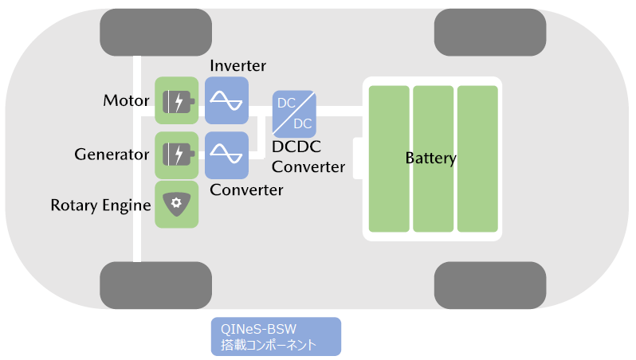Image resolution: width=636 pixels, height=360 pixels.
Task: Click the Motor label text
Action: pyautogui.click(x=126, y=101)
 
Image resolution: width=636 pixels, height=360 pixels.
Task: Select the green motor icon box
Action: pyautogui.click(x=176, y=101)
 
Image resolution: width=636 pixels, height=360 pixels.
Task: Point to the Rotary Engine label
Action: pyautogui.click(x=100, y=205)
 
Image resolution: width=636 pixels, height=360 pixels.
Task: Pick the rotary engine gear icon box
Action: pyautogui.click(x=176, y=205)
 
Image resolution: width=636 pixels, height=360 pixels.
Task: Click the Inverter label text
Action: pyautogui.click(x=238, y=65)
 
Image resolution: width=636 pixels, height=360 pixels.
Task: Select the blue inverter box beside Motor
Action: pyautogui.click(x=226, y=101)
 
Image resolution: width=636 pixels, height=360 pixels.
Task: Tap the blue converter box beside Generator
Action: pyautogui.click(x=226, y=154)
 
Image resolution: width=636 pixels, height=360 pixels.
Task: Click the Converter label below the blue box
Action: pyautogui.click(x=246, y=190)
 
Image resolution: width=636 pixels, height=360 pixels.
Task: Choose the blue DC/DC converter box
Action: pyautogui.click(x=293, y=113)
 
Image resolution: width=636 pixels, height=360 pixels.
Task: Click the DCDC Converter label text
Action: pyautogui.click(x=308, y=157)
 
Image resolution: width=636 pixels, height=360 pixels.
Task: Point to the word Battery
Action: pyautogui.click(x=430, y=158)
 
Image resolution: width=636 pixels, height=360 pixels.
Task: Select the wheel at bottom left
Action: pyautogui.click(x=156, y=284)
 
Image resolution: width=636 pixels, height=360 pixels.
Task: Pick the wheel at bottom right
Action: pyautogui.click(x=489, y=284)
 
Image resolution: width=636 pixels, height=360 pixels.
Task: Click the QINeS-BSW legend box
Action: pyautogui.click(x=275, y=337)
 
